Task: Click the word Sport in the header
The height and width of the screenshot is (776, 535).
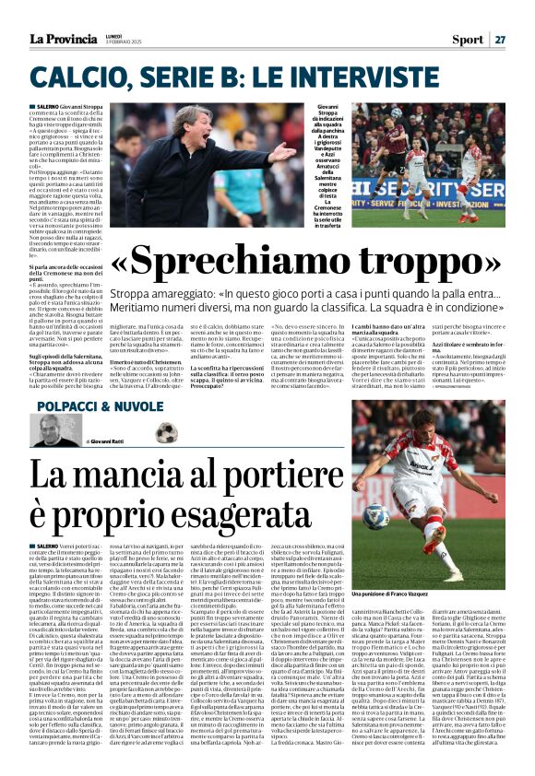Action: (x=468, y=39)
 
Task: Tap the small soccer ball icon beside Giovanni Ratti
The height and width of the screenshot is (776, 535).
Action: (x=167, y=432)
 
